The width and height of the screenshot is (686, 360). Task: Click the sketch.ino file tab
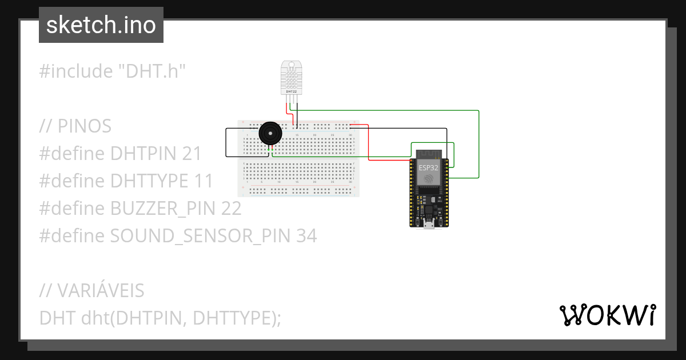coord(101,25)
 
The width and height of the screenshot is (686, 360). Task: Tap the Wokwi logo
coord(607,315)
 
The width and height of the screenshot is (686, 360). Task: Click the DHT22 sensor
coord(291,78)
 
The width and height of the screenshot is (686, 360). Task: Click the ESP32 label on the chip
coord(428,167)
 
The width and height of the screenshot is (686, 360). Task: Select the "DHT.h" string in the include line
coord(151,71)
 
